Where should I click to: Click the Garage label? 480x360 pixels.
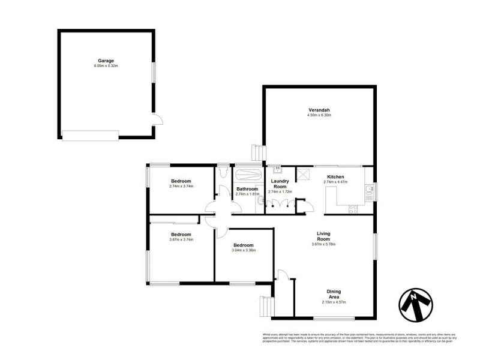[106, 61]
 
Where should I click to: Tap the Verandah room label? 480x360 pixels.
[319, 110]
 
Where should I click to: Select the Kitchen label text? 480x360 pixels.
[335, 177]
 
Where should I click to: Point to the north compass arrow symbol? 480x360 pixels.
[415, 304]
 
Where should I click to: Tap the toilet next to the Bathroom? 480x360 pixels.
[223, 173]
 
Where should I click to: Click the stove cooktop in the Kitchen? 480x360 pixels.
[352, 209]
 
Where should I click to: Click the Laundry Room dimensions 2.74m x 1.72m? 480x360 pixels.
[280, 191]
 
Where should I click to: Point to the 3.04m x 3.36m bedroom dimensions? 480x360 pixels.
[244, 250]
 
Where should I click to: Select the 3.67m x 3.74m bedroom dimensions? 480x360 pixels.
[181, 239]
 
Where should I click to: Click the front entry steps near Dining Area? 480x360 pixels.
[265, 307]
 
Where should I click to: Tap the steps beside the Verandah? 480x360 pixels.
[257, 153]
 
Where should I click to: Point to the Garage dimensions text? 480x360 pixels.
[106, 66]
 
